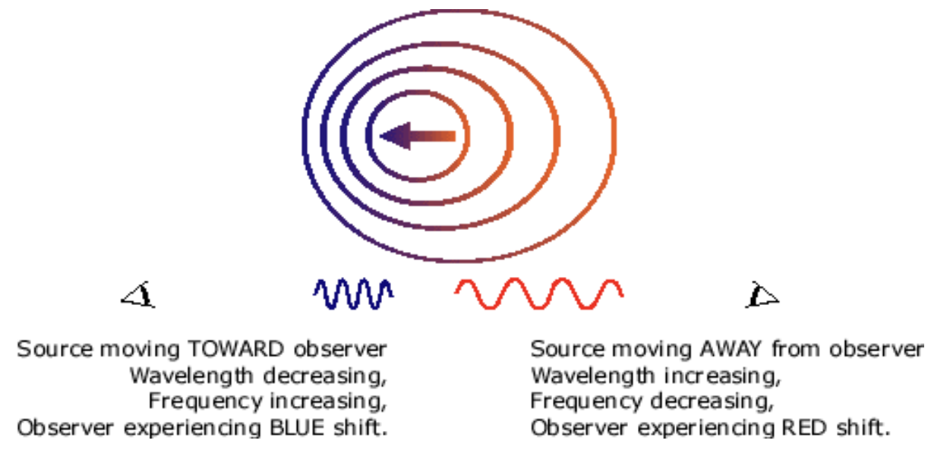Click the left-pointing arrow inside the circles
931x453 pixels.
coord(418,137)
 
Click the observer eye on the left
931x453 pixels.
coord(139,294)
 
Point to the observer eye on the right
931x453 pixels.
coord(762,294)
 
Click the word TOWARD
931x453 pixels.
coord(232,350)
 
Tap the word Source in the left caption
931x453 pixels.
coord(47,350)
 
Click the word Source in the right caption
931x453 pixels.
coord(560,350)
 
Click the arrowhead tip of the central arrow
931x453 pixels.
coord(382,137)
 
